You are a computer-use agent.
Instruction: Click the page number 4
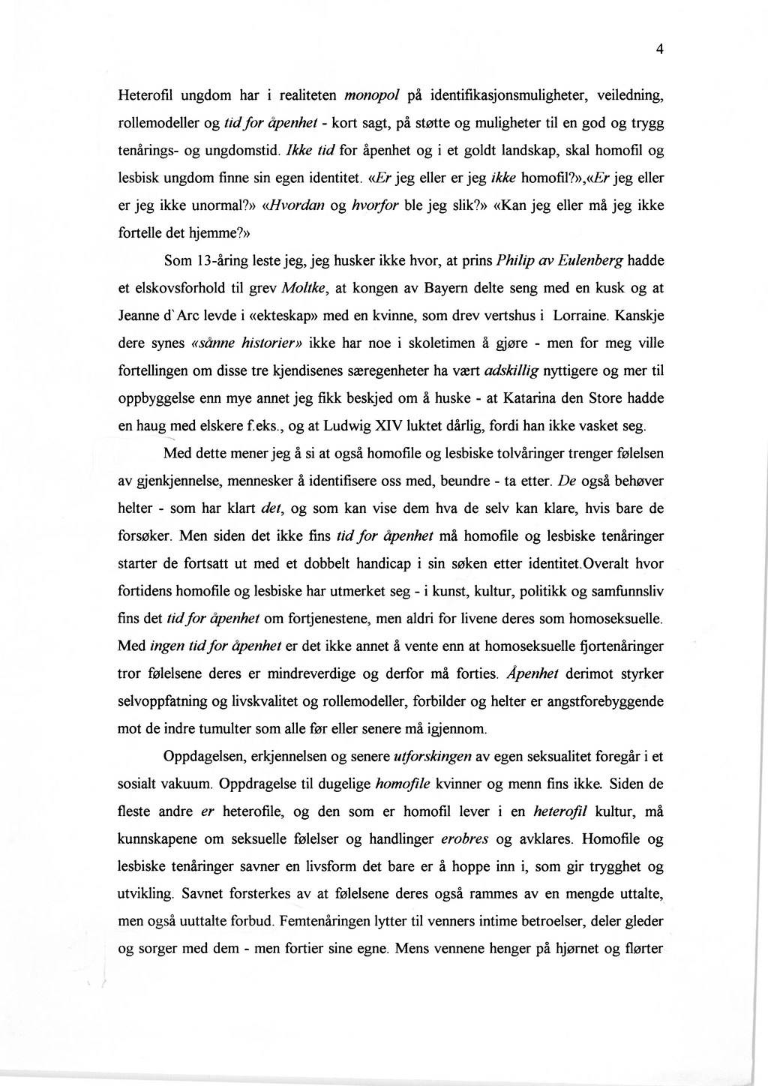pyautogui.click(x=659, y=50)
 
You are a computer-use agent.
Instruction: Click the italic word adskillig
pyautogui.click(x=514, y=371)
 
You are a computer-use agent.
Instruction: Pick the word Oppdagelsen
pyautogui.click(x=202, y=756)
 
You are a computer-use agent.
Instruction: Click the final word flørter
pyautogui.click(x=643, y=949)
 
